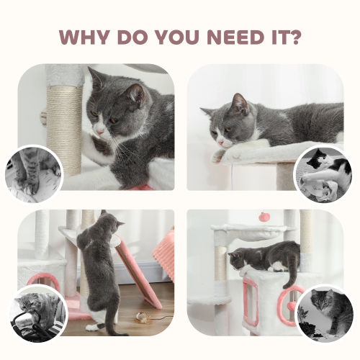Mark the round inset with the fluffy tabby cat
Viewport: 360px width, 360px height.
point(325,312)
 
